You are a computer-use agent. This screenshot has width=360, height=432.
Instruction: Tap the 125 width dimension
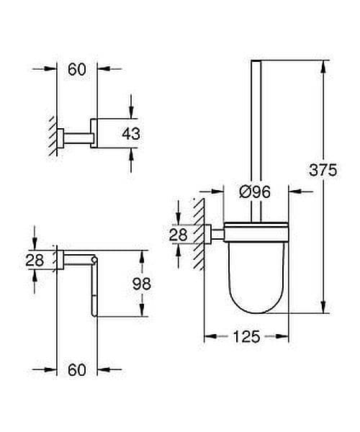click(x=246, y=337)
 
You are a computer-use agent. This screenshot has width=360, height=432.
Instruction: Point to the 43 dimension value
click(x=131, y=133)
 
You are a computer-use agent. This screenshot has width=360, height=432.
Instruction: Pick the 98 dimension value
click(x=142, y=284)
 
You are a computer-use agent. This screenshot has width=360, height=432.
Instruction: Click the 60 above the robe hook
click(x=77, y=69)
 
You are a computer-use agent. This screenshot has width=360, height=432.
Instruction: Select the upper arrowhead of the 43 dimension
click(x=131, y=111)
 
